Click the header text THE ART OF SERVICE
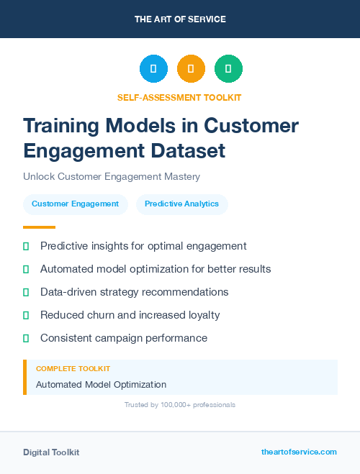(180, 19)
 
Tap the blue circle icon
(153, 69)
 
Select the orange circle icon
(191, 69)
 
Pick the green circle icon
(228, 69)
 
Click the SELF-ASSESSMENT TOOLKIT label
(180, 97)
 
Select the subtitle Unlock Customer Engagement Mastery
(111, 176)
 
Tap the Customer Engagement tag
(75, 204)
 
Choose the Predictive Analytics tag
(181, 204)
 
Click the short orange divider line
(39, 227)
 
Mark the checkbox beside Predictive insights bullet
(26, 246)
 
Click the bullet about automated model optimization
(156, 269)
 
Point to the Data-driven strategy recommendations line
(134, 292)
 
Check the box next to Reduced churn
(26, 315)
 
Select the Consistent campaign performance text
(124, 338)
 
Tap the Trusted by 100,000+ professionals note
(180, 405)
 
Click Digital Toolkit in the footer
(51, 452)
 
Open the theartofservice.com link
(299, 452)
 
